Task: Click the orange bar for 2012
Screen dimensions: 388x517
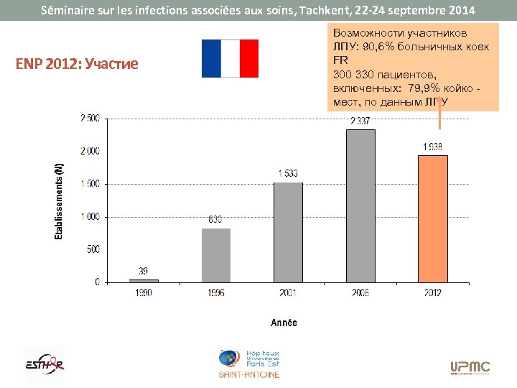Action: coord(433,218)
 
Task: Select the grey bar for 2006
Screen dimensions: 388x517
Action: coord(360,205)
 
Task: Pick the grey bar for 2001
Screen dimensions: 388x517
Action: coord(288,232)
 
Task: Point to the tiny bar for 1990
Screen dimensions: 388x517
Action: coord(144,280)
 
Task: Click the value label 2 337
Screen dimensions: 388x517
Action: coord(360,121)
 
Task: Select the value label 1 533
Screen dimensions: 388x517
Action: coord(287,173)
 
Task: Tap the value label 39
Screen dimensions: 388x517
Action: coord(144,271)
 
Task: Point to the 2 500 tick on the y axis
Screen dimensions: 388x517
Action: coord(89,118)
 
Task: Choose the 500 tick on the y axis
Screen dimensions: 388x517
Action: coord(93,249)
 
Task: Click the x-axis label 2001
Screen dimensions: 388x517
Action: coord(287,293)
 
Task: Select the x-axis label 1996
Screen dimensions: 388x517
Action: coord(215,293)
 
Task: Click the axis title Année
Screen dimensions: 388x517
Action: coord(284,323)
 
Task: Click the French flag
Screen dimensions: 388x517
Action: coord(230,58)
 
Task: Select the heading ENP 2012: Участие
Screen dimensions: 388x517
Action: coord(77,64)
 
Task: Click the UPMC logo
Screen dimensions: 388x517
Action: coord(470,367)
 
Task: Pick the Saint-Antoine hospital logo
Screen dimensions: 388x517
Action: coord(250,364)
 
